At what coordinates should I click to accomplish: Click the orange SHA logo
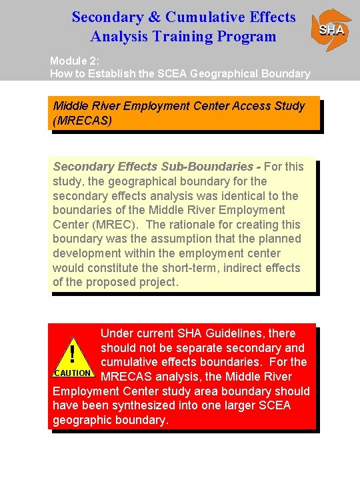tap(331, 30)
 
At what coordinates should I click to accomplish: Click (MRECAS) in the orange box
tap(83, 121)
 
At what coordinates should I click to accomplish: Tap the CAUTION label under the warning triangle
tap(71, 373)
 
